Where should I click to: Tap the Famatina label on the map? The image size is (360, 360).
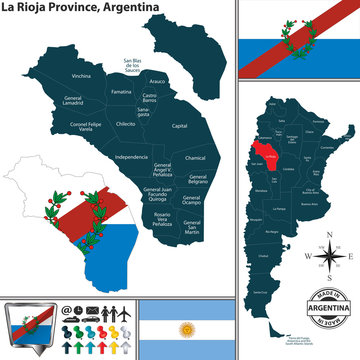point(121,91)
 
